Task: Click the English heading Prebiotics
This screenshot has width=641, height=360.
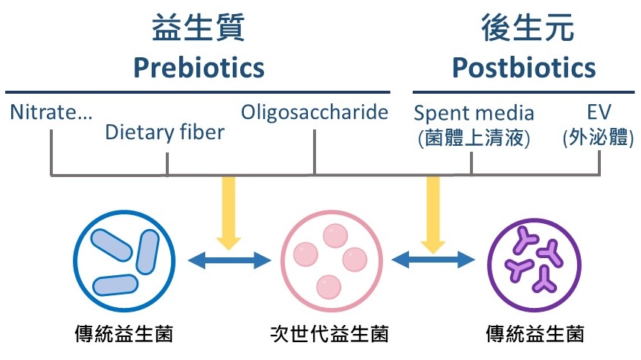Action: pyautogui.click(x=199, y=68)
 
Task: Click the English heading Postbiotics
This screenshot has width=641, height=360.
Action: pyautogui.click(x=524, y=68)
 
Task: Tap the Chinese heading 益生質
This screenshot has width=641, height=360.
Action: pyautogui.click(x=199, y=28)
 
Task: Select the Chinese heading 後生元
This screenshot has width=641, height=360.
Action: pyautogui.click(x=527, y=28)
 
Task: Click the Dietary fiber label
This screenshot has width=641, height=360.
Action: pyautogui.click(x=165, y=132)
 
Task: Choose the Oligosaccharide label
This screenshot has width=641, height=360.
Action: pyautogui.click(x=315, y=112)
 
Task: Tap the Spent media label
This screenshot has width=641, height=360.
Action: pyautogui.click(x=474, y=113)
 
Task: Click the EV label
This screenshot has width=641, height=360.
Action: pyautogui.click(x=599, y=112)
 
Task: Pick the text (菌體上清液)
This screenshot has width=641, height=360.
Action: pyautogui.click(x=474, y=138)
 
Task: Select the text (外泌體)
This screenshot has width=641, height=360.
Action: pyautogui.click(x=599, y=138)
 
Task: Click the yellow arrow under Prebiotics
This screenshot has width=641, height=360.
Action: pyautogui.click(x=228, y=213)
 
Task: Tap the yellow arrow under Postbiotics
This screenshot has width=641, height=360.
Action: pyautogui.click(x=433, y=215)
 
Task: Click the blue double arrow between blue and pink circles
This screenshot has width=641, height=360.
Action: pyautogui.click(x=229, y=260)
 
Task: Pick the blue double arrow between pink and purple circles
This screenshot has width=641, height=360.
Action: pyautogui.click(x=434, y=260)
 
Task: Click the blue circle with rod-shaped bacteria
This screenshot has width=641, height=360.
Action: pyautogui.click(x=74, y=261)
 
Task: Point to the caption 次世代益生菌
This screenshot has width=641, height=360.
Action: pyautogui.click(x=329, y=333)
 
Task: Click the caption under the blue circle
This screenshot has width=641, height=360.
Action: pyautogui.click(x=124, y=333)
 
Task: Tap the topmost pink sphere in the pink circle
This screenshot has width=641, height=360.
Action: pyautogui.click(x=335, y=236)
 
